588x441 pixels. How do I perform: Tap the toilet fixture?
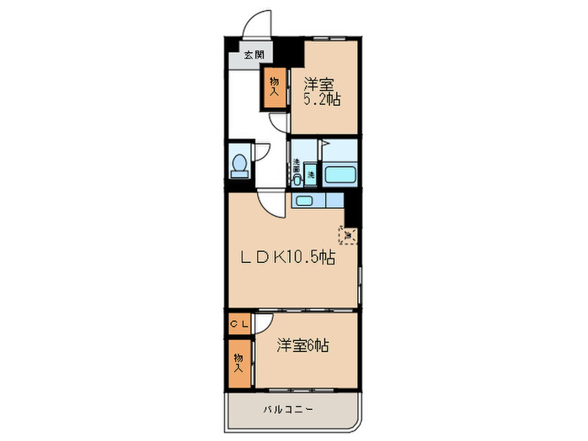(x=239, y=164)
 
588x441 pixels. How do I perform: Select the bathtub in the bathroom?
(x=341, y=175)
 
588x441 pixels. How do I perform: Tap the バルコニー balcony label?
(x=287, y=410)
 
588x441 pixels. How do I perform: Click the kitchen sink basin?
(x=303, y=201)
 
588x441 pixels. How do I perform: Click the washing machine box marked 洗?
(x=311, y=175)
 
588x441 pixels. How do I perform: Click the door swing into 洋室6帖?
(x=263, y=324)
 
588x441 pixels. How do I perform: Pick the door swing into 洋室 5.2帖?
(x=279, y=123)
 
